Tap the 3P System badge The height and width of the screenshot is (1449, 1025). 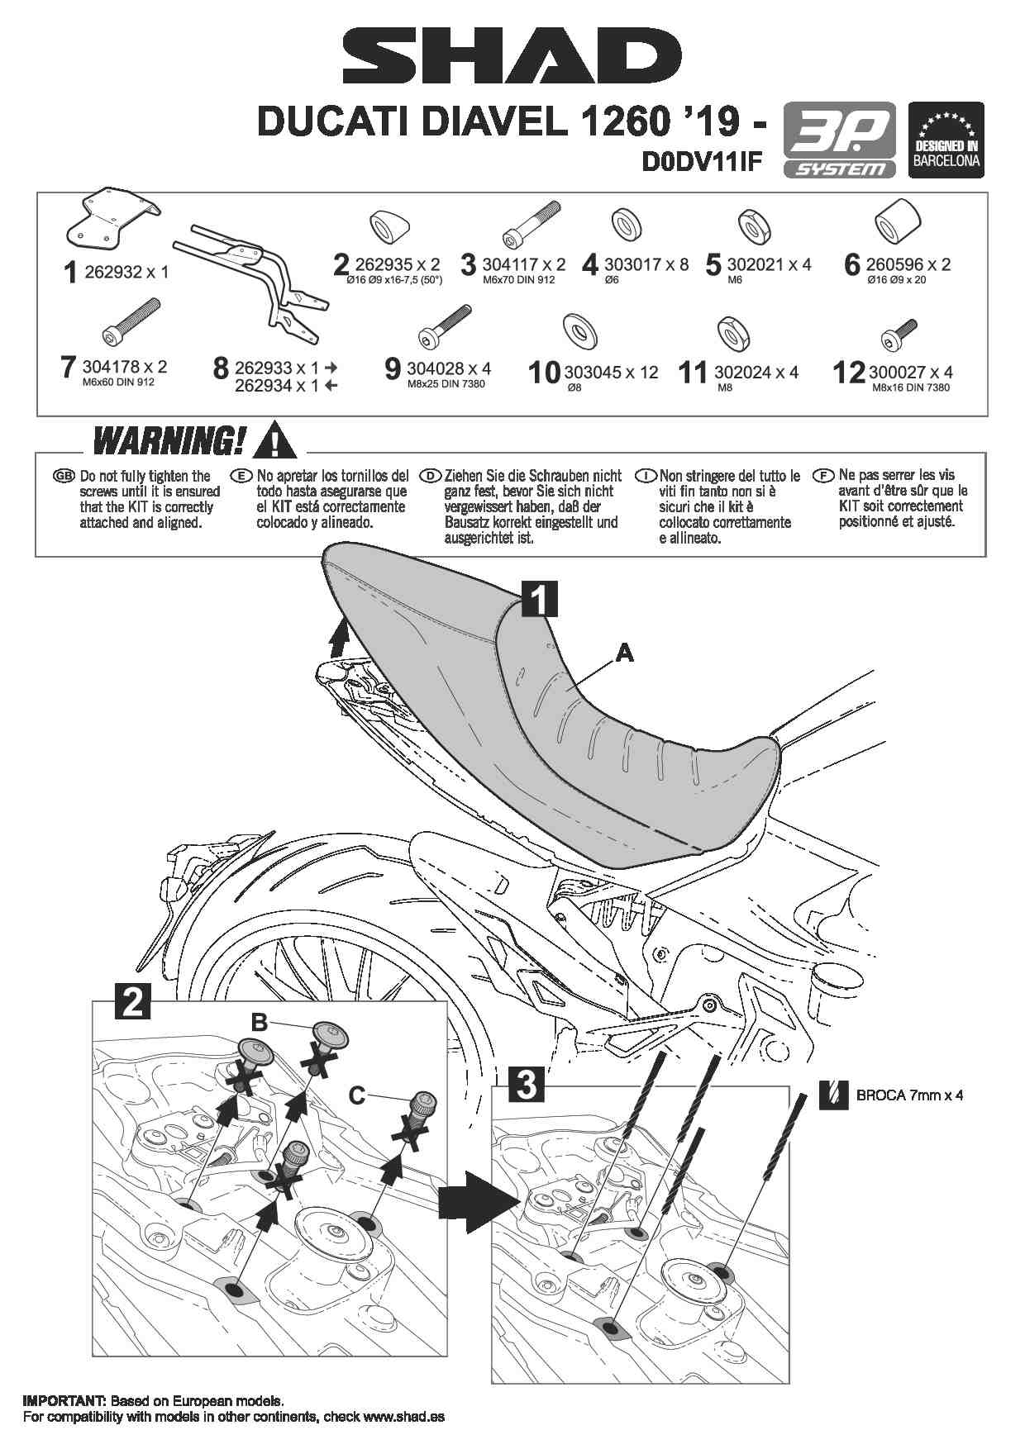click(839, 140)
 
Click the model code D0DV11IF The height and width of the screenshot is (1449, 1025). click(702, 163)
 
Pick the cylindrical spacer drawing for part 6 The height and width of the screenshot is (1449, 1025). click(898, 221)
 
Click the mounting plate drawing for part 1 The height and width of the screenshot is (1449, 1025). click(111, 218)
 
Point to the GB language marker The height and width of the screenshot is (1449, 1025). click(63, 477)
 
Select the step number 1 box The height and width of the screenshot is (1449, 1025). click(539, 599)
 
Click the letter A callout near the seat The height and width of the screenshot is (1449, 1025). click(625, 653)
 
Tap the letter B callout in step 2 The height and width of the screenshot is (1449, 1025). click(259, 1022)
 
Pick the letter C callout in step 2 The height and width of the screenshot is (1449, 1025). click(356, 1095)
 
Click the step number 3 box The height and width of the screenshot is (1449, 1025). click(527, 1084)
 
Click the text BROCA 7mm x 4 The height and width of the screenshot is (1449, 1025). click(909, 1095)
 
